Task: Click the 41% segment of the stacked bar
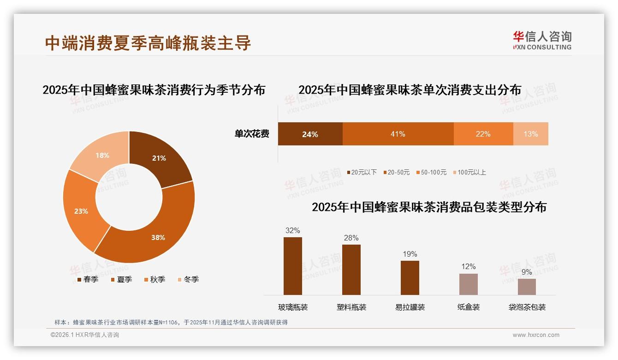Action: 398,134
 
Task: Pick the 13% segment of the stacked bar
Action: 530,134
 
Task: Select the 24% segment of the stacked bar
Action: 310,134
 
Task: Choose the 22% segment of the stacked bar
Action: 483,134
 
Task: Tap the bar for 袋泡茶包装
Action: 527,287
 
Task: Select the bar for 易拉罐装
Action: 410,278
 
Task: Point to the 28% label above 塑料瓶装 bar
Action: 351,238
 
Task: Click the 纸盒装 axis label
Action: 469,307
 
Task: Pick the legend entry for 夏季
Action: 121,279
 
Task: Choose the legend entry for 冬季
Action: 188,279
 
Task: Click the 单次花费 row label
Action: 252,134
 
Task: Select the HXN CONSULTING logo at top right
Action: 542,40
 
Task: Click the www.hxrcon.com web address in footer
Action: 536,335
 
